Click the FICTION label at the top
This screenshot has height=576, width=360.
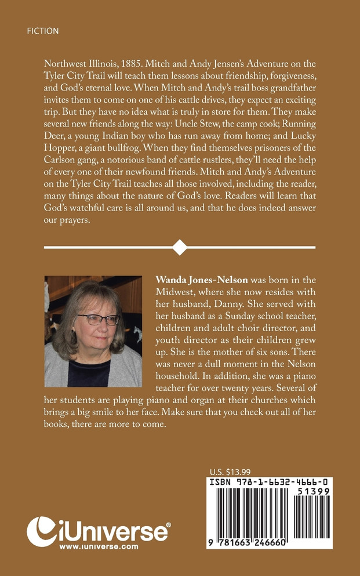click(42, 31)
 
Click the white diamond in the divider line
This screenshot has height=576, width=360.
click(180, 248)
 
